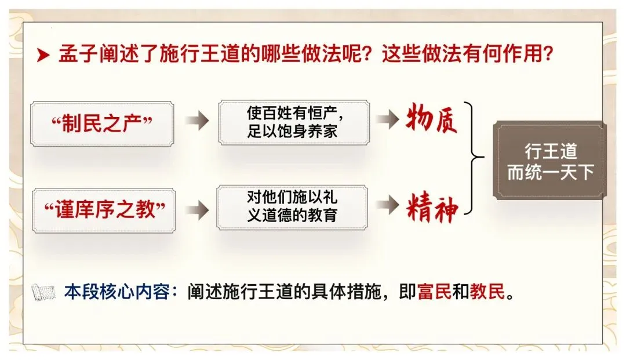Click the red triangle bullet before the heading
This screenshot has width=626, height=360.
(x=43, y=55)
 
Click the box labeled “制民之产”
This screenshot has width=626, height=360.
(x=102, y=123)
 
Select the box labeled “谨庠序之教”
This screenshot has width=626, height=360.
(x=104, y=210)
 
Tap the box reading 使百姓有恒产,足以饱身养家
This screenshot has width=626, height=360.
(x=294, y=122)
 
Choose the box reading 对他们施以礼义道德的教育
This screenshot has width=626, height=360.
(x=292, y=207)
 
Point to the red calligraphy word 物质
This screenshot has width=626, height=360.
(x=432, y=118)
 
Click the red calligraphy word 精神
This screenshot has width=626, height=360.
(x=432, y=208)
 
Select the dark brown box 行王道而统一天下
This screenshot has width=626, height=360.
(x=549, y=160)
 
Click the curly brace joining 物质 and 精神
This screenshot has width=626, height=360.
(x=473, y=158)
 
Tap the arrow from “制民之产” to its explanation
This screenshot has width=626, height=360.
(x=197, y=120)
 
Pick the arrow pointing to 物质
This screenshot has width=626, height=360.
(x=387, y=119)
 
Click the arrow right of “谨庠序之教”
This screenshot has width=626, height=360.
(x=197, y=210)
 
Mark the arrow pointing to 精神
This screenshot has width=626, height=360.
(x=387, y=205)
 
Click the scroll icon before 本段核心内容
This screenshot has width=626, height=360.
(x=43, y=292)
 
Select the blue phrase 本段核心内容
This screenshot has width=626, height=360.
(x=117, y=292)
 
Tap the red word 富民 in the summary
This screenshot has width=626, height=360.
(x=434, y=292)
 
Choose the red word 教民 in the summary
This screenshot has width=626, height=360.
(x=487, y=292)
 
